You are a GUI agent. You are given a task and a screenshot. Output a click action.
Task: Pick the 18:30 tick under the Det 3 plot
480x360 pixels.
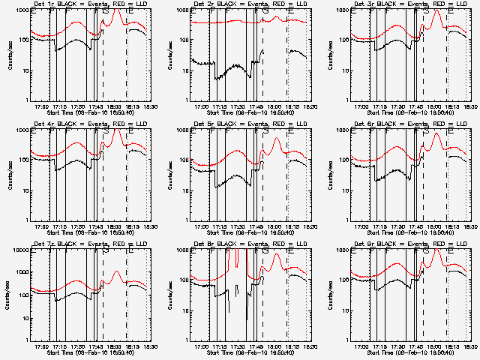tap(464, 106)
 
